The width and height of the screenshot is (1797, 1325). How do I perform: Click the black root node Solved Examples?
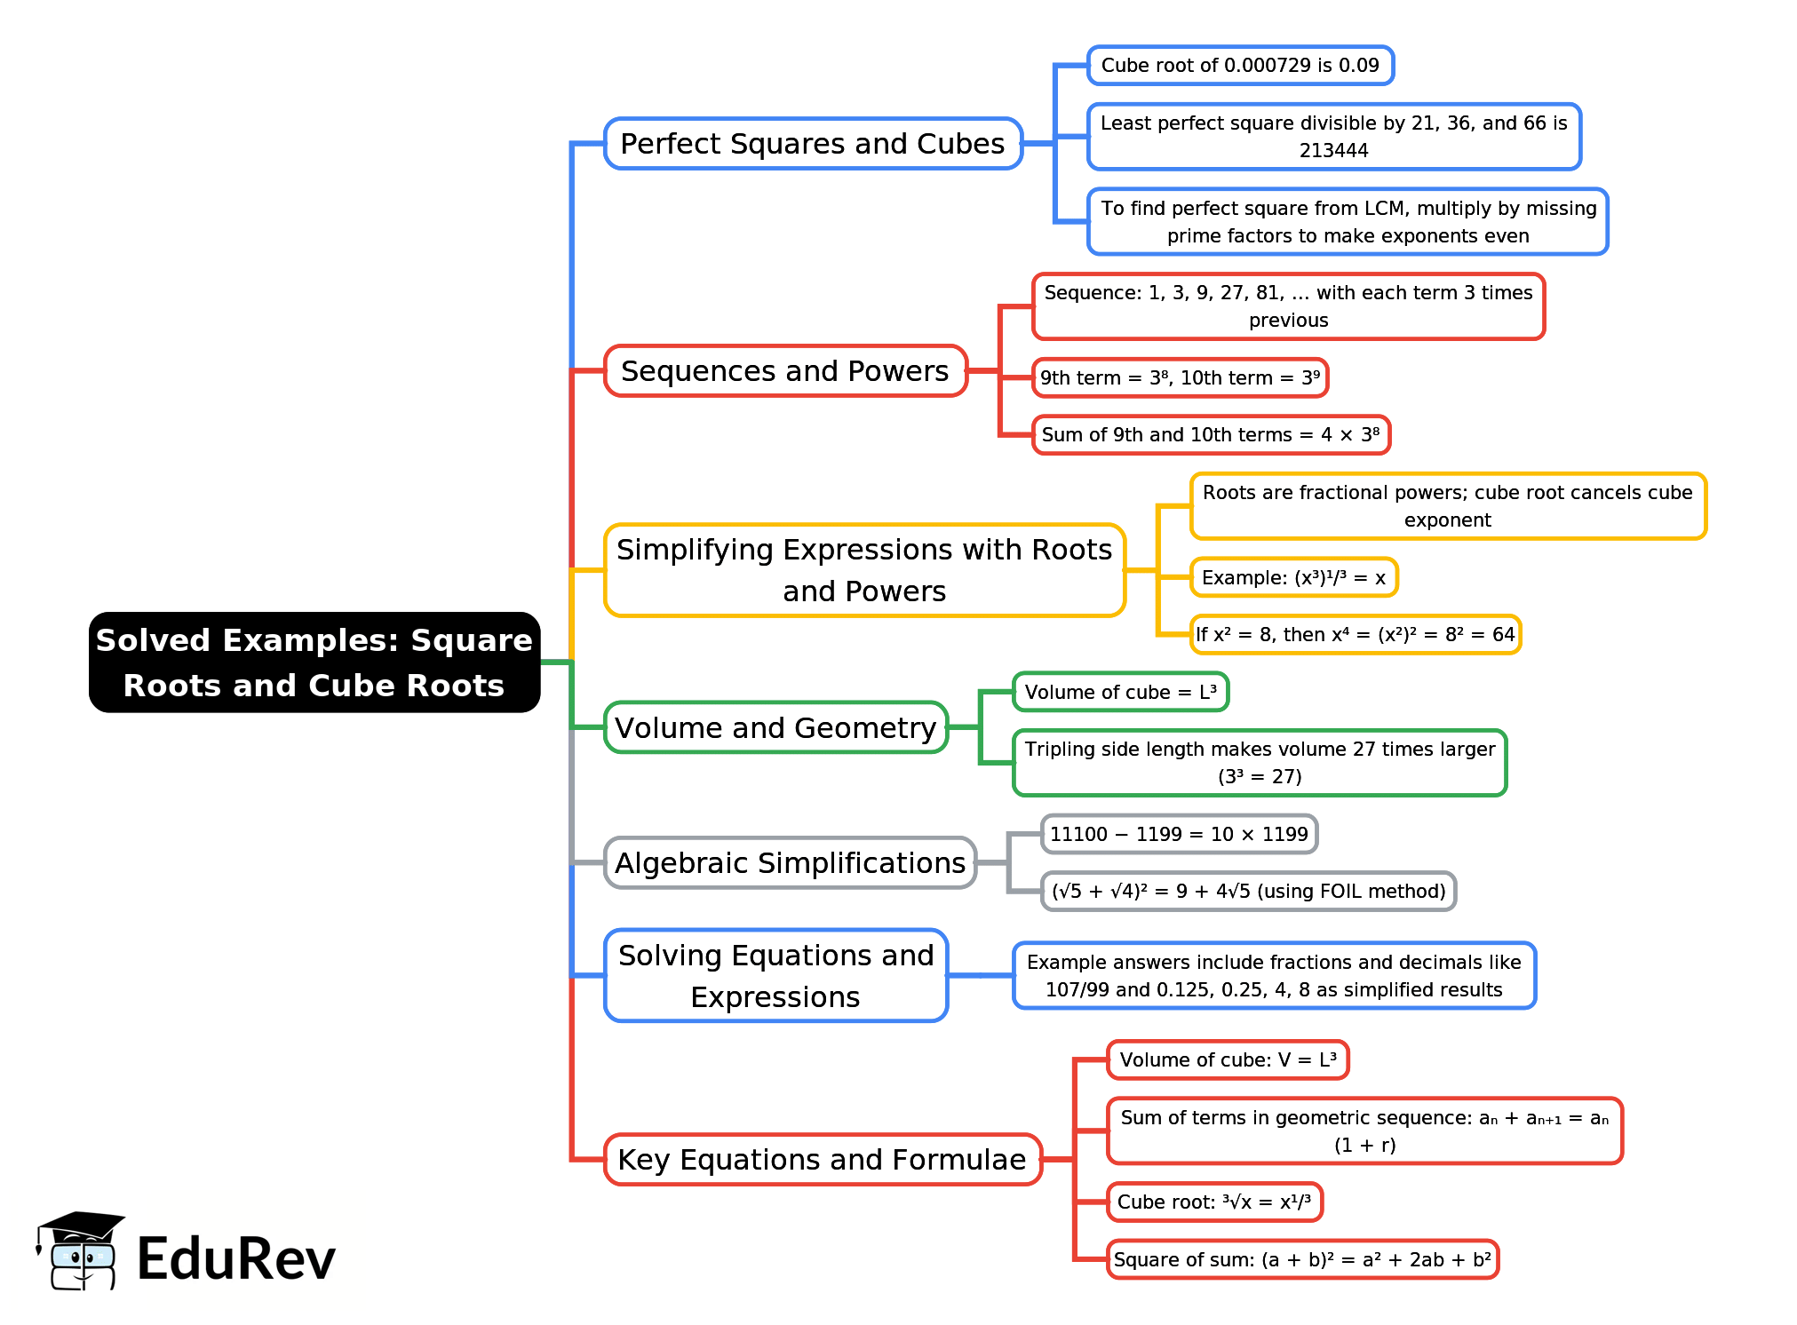(314, 662)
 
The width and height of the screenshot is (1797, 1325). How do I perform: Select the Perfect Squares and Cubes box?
(813, 144)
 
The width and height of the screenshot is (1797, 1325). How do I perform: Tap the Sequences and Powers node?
(785, 371)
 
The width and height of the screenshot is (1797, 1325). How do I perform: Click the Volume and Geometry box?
(775, 728)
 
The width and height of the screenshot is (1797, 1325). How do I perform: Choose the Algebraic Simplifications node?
(790, 863)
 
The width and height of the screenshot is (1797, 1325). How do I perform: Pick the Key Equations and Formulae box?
(822, 1160)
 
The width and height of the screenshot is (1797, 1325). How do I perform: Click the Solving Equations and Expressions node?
(775, 976)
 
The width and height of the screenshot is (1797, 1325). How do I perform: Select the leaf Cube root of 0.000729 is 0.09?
(1240, 66)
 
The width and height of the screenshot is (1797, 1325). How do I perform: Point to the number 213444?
(1333, 151)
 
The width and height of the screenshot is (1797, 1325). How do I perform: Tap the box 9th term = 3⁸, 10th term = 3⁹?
(1180, 378)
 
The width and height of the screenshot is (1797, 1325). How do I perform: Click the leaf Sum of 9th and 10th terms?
(1211, 435)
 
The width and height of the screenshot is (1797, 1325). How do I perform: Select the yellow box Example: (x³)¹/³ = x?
(1293, 578)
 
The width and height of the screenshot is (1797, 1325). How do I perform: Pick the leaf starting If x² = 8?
(1355, 635)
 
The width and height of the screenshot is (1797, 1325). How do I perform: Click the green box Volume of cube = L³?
(1120, 693)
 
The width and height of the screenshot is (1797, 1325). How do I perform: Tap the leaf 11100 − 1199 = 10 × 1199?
(1179, 835)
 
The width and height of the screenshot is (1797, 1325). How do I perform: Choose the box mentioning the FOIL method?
(1248, 892)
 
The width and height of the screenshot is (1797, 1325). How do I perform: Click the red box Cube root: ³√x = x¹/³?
(1214, 1202)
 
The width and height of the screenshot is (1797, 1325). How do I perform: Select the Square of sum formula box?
(1302, 1260)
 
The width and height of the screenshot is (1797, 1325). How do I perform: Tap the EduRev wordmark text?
(236, 1259)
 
